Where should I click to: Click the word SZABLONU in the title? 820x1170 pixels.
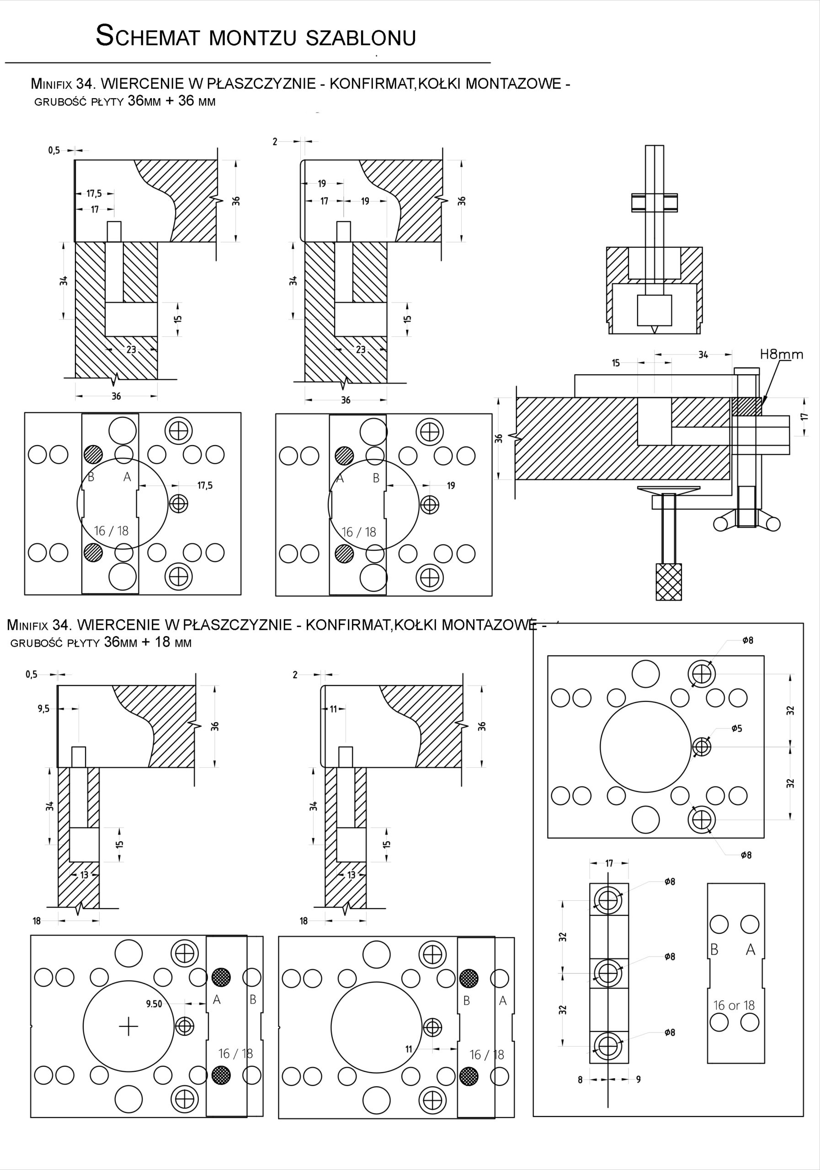click(361, 38)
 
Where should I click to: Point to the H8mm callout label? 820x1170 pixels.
click(781, 355)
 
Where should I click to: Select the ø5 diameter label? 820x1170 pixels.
click(736, 729)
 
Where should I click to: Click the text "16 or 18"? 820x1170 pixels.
click(734, 1005)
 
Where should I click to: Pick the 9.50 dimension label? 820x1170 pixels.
click(154, 1004)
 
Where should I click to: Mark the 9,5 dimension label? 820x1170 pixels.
click(43, 709)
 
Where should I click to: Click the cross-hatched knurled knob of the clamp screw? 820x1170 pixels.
click(669, 581)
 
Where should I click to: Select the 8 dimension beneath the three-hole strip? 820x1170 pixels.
click(580, 1080)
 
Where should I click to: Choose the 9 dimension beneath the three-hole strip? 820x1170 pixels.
click(638, 1080)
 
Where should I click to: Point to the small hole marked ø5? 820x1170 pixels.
click(702, 747)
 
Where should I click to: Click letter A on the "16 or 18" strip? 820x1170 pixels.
click(750, 950)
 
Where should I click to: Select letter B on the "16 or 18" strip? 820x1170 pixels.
click(714, 950)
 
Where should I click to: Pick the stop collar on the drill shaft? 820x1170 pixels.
click(655, 202)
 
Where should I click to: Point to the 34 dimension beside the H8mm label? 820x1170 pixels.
click(703, 355)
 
